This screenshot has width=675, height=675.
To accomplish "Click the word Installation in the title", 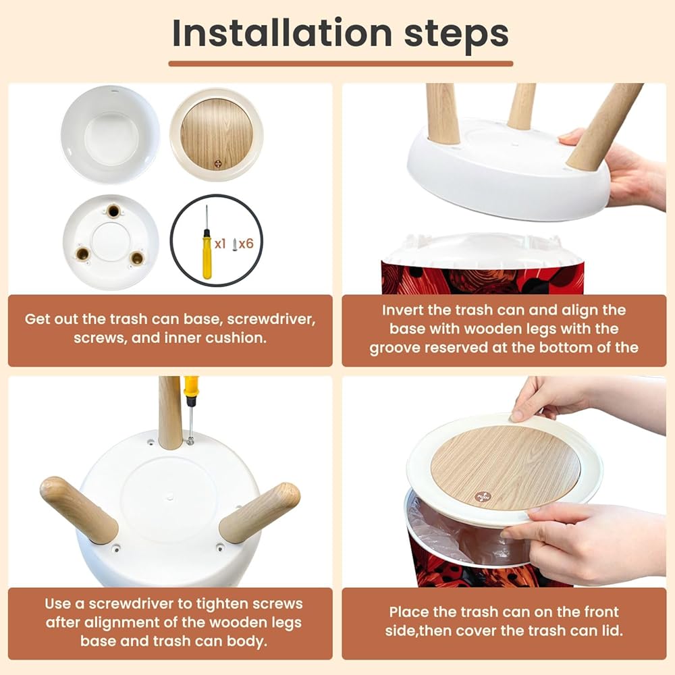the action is [282, 33].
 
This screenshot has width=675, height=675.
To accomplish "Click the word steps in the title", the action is [456, 35].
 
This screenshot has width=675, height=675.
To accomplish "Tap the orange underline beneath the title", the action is [340, 63].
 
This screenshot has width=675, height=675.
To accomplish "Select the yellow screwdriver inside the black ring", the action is [207, 242].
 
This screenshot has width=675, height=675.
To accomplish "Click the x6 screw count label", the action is [246, 244].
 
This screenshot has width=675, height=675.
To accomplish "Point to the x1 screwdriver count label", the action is [220, 244].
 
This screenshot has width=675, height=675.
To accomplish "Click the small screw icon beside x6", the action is [235, 244].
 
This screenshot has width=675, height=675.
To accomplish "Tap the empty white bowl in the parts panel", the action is [110, 134].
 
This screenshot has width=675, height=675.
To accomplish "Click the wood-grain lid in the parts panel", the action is [217, 135].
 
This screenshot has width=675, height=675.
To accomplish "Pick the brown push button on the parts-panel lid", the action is [218, 164].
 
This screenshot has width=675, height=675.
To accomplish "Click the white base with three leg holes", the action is [111, 242].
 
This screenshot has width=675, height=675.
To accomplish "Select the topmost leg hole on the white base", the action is [113, 211].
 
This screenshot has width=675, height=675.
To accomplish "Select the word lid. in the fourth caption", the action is [610, 630].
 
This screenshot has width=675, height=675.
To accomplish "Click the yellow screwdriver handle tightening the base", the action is [191, 387].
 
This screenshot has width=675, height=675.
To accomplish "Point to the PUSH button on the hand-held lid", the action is [482, 496].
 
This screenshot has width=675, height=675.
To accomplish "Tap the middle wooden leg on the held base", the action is [522, 107].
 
